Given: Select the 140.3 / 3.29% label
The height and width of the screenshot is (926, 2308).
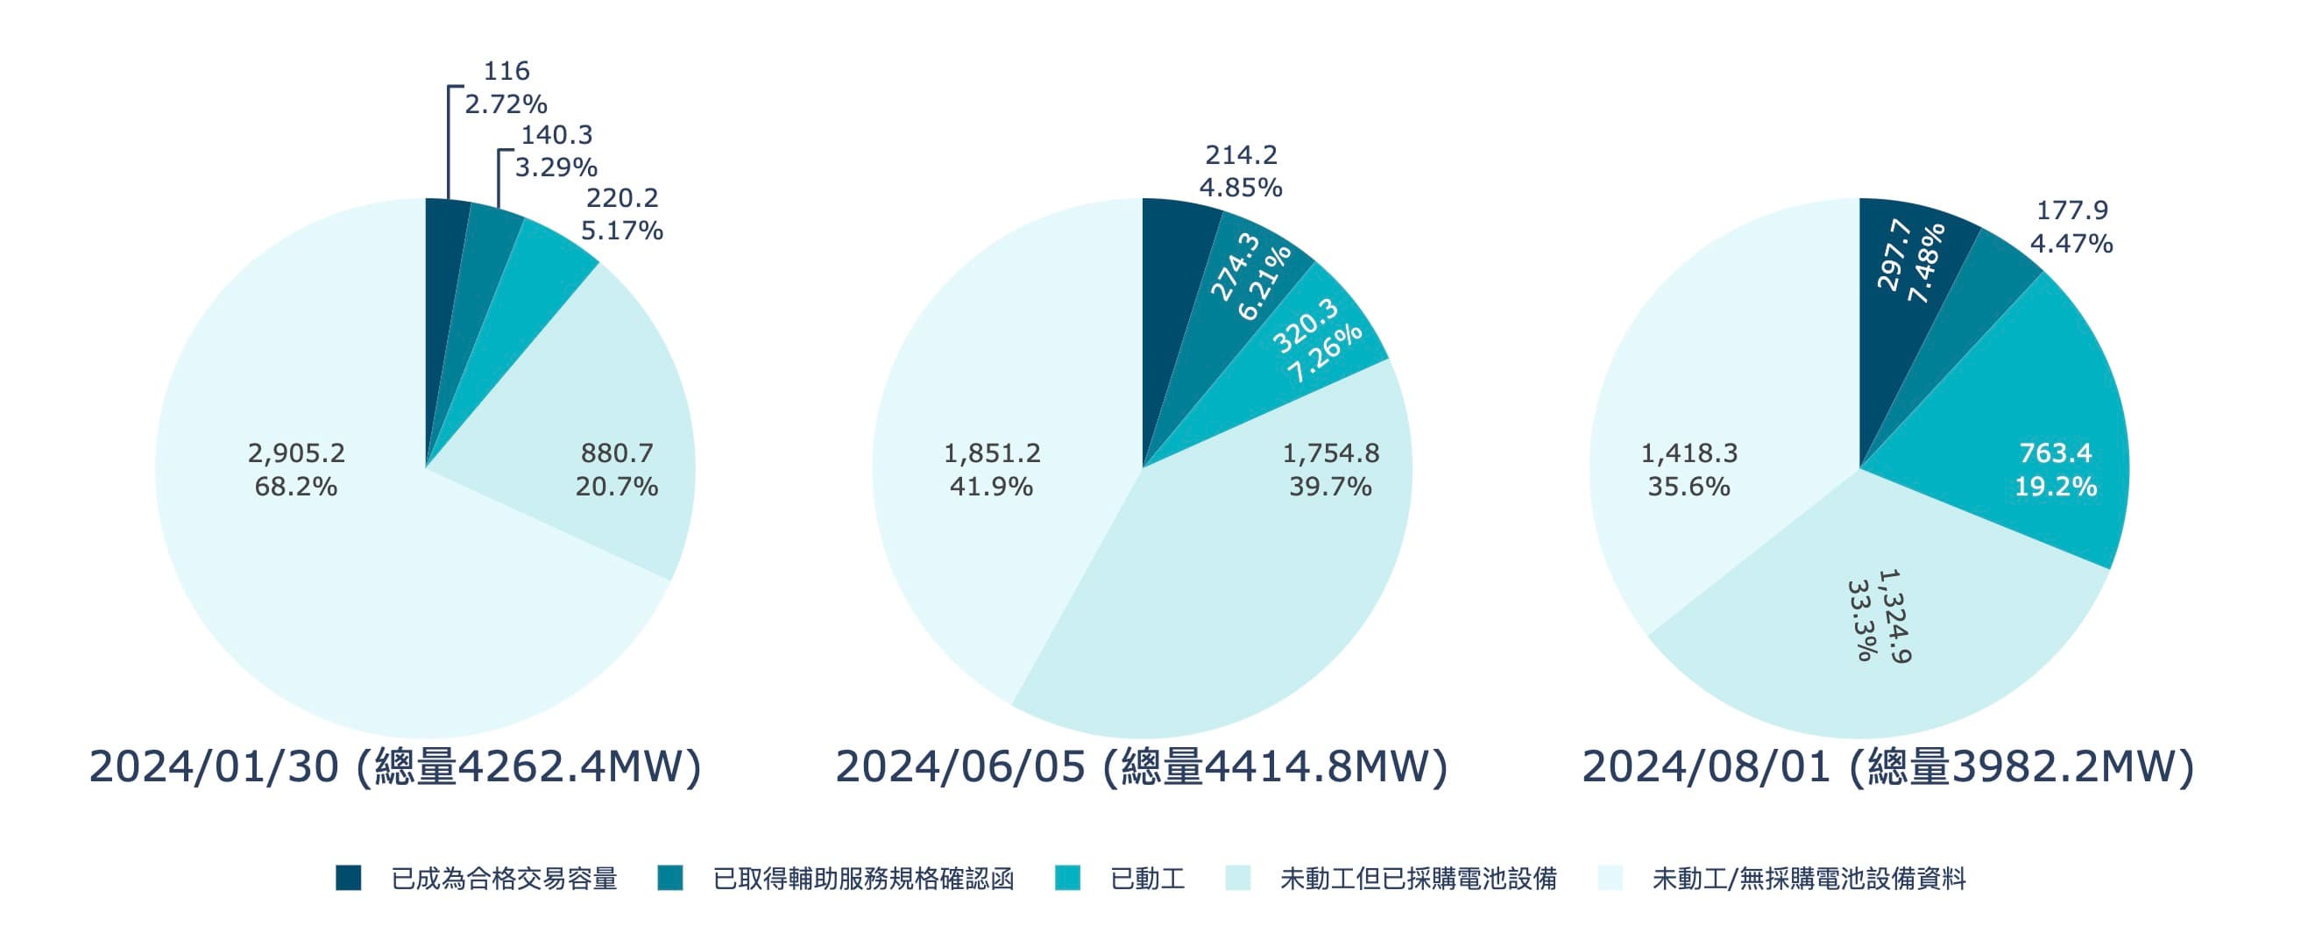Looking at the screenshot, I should point(556,151).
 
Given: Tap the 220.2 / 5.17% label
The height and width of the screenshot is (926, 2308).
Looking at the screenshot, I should point(622,214).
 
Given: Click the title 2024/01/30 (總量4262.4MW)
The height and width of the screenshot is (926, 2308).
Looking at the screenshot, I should point(394,767).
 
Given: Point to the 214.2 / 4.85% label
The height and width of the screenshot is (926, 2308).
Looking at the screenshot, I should point(1241,171).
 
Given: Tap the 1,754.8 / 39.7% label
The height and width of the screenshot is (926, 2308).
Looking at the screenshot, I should point(1330,470).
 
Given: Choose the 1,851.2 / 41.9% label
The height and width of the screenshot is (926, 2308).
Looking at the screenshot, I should point(992,470).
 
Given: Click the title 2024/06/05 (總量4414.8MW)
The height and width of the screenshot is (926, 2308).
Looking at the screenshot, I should point(1142,767).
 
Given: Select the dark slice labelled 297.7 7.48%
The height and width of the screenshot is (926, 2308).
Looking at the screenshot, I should point(1910,260).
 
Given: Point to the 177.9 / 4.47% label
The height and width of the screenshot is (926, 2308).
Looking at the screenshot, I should point(2071,227).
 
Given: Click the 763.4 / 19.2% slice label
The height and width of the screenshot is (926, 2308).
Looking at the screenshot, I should point(2056,470).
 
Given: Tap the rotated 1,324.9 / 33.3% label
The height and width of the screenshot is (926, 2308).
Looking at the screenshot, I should point(1879,617).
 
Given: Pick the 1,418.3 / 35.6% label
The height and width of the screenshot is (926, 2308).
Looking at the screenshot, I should point(1689,470).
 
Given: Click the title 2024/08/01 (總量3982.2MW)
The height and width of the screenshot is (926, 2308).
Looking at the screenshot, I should point(1887,767).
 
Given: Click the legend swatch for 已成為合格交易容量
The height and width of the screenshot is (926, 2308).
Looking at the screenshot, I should point(349,879).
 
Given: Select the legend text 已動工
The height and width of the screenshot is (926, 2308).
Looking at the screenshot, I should point(1147,879).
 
